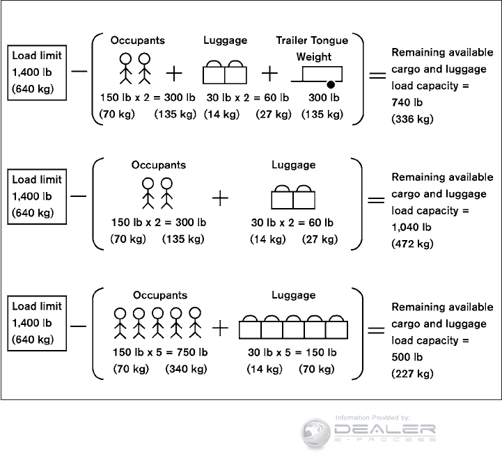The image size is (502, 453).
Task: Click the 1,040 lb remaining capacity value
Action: pyautogui.click(x=411, y=227)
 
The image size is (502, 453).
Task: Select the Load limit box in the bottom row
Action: pyautogui.click(x=37, y=323)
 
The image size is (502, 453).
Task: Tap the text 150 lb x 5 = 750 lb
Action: pyautogui.click(x=160, y=351)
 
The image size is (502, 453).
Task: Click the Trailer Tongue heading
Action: pyautogui.click(x=322, y=40)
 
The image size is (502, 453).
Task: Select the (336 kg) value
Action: pyautogui.click(x=412, y=119)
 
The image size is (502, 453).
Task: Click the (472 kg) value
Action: pyautogui.click(x=412, y=244)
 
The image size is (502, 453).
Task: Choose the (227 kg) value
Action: pyautogui.click(x=412, y=374)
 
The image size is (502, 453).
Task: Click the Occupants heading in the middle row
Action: pyautogui.click(x=159, y=165)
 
